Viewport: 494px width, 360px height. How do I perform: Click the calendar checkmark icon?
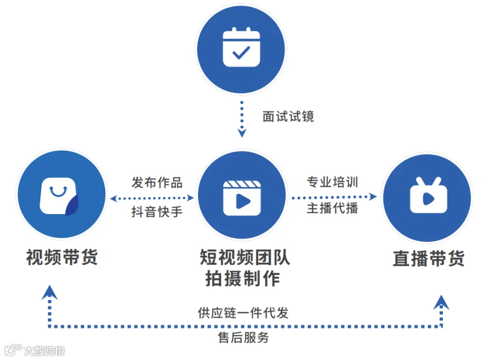pyautogui.click(x=242, y=47)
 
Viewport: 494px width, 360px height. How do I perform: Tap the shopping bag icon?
pyautogui.click(x=59, y=196)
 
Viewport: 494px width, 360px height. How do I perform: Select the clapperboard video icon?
pyautogui.click(x=242, y=198)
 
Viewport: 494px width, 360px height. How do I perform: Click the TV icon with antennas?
pyautogui.click(x=429, y=195)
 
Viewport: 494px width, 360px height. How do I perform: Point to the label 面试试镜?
pyautogui.click(x=288, y=116)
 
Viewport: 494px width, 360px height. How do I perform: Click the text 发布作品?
pyautogui.click(x=157, y=182)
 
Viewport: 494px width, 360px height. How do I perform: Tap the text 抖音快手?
pyautogui.click(x=157, y=211)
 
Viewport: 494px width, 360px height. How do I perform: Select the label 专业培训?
pyautogui.click(x=333, y=182)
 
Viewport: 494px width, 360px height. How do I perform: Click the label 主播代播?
pyautogui.click(x=333, y=208)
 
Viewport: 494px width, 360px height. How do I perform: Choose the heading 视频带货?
pyautogui.click(x=61, y=257)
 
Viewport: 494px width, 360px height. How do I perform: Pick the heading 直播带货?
pyautogui.click(x=429, y=258)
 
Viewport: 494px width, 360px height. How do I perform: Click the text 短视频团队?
pyautogui.click(x=245, y=257)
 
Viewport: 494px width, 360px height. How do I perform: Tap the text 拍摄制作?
pyautogui.click(x=243, y=279)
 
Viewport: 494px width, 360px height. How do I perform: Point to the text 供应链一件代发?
pyautogui.click(x=243, y=313)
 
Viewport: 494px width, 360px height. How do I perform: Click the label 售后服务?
pyautogui.click(x=243, y=337)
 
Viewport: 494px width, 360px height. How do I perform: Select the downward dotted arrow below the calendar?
pyautogui.click(x=242, y=119)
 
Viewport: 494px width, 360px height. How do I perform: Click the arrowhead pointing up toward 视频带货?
pyautogui.click(x=49, y=292)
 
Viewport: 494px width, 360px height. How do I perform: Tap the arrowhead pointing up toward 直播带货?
pyautogui.click(x=441, y=302)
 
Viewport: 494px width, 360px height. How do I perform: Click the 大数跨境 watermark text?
pyautogui.click(x=44, y=351)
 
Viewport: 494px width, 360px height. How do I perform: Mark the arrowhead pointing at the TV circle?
pyautogui.click(x=373, y=197)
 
